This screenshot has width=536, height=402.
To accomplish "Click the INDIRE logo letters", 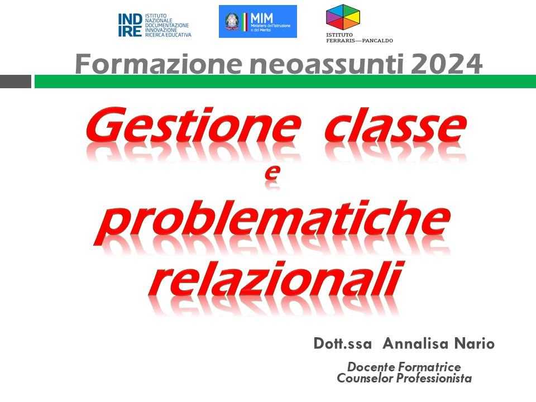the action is pos(130,25).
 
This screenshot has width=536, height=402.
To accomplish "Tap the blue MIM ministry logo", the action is pos(258,21).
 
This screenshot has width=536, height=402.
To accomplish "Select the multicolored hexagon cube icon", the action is pos(343,17).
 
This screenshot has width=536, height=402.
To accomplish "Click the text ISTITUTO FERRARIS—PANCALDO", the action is pos(359,37).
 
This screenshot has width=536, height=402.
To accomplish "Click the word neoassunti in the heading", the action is pos(326,64).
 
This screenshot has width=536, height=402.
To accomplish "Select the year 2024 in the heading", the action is pos(446,64).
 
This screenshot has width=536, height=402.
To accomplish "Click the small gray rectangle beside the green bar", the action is pos(16,82).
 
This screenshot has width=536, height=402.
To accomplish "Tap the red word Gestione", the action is pos(193,126).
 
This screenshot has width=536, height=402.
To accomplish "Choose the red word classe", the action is pos(395,126).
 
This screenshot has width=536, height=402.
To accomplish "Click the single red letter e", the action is pos(272,173).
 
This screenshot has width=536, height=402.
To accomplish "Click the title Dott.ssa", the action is pos(342,343).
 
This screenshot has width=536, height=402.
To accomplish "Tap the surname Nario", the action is pos(475,343).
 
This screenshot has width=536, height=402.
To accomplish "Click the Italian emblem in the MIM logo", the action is pos(232,21).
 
